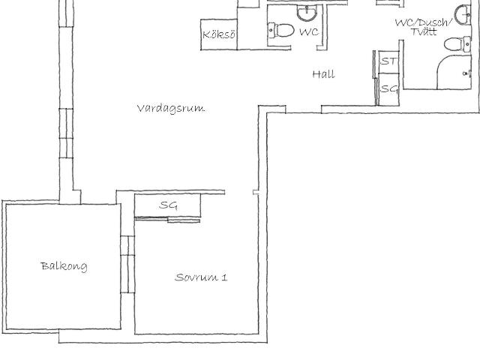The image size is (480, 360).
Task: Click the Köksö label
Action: (x=219, y=34)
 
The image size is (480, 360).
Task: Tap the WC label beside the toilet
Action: (x=309, y=31)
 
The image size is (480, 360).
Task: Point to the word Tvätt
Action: (x=424, y=31)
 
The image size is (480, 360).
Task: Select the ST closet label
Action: (x=389, y=61)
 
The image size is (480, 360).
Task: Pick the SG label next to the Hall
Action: (x=389, y=88)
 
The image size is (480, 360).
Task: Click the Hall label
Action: (x=323, y=74)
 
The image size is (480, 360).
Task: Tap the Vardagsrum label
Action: (x=171, y=109)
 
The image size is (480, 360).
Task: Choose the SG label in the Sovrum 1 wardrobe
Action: (x=168, y=205)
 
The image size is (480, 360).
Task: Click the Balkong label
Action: (x=64, y=266)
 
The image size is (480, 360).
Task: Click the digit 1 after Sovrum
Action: (x=224, y=277)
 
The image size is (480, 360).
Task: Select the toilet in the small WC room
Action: (x=280, y=30)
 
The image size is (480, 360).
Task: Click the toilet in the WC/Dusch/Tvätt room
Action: (x=457, y=44)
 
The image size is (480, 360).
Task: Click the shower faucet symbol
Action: (x=466, y=73)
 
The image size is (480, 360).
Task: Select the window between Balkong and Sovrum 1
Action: (x=127, y=265)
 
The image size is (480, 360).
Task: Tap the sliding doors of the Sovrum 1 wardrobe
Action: (x=167, y=220)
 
